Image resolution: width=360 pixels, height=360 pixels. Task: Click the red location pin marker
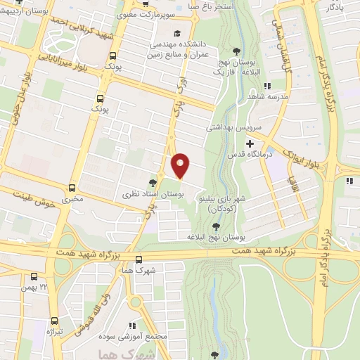tap(181, 165)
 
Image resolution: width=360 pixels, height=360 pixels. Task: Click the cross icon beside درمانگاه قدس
tap(250, 143)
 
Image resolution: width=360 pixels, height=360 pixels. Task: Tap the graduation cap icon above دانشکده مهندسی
tap(177, 32)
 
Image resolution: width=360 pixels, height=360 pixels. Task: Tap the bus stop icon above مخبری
tap(72, 188)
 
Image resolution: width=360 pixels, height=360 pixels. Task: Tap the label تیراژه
tap(54, 330)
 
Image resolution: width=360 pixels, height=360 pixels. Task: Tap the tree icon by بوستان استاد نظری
tap(153, 181)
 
